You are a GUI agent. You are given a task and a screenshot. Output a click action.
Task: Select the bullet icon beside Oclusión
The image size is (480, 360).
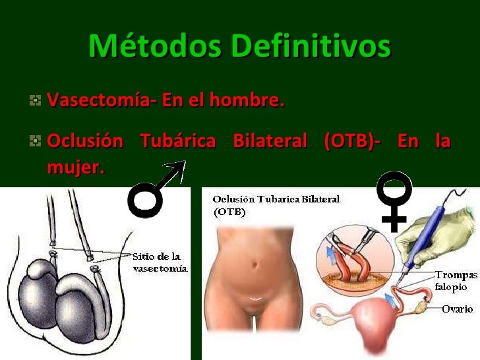coord(34,141)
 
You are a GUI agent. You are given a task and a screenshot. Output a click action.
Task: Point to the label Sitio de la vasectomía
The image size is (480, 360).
coord(160,262)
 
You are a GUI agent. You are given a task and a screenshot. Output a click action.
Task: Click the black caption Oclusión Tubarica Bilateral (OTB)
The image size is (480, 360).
coord(276,205)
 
